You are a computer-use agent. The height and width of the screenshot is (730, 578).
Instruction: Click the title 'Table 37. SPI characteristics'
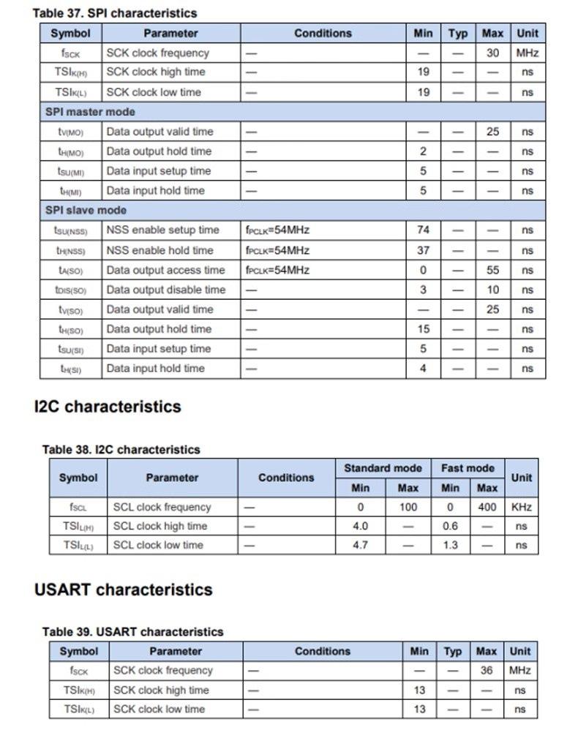(x=115, y=13)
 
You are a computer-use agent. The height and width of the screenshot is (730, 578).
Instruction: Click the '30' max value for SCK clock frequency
(x=492, y=53)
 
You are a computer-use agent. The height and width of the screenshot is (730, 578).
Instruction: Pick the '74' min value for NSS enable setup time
(x=423, y=230)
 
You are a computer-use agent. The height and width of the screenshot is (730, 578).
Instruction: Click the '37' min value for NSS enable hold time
(x=423, y=250)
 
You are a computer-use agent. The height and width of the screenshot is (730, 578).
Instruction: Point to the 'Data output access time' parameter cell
(x=165, y=270)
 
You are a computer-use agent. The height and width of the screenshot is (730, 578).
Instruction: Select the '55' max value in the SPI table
(x=492, y=270)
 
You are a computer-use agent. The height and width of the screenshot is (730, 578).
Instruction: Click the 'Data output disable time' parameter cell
(x=165, y=290)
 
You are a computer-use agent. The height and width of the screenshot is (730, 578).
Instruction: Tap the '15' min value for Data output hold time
(x=423, y=329)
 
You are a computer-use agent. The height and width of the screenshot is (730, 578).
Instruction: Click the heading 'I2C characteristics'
(x=107, y=407)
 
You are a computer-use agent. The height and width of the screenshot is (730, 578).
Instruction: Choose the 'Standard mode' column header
(x=383, y=468)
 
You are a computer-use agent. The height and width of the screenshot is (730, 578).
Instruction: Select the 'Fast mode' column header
(x=468, y=468)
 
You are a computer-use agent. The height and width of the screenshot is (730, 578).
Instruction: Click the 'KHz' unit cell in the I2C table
(x=522, y=507)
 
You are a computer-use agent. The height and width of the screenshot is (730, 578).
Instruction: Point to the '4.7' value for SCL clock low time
(x=360, y=545)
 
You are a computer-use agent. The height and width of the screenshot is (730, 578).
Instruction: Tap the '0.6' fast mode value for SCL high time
(x=450, y=526)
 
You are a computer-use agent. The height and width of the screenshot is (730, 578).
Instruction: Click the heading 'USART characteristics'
(x=123, y=590)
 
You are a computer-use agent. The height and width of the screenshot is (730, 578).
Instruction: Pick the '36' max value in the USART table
(x=487, y=670)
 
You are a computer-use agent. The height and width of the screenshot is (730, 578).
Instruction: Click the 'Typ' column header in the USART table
(x=453, y=651)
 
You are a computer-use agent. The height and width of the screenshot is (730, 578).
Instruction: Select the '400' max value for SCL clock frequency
(x=487, y=507)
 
